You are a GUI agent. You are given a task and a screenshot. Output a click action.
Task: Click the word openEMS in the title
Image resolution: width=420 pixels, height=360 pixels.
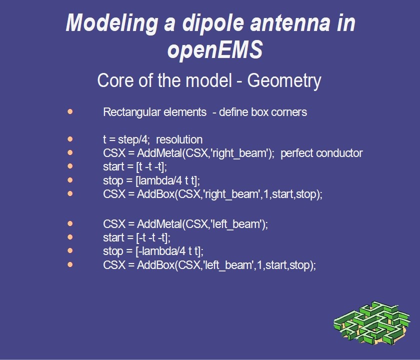pos(215,50)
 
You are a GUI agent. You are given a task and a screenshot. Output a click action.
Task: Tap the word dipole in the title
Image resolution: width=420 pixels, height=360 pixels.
pos(213,23)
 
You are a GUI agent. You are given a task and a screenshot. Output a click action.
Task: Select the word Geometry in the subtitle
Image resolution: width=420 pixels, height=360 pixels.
pos(284,81)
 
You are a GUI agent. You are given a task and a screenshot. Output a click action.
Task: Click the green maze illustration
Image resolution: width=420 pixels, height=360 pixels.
pos(372,323)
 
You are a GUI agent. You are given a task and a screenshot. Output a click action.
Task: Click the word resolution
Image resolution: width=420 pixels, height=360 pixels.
pos(179,139)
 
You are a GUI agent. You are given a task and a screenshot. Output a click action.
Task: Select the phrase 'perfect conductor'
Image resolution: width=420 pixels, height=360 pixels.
pos(321,153)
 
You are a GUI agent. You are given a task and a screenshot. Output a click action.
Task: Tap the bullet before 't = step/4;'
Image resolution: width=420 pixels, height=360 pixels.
pos(70,139)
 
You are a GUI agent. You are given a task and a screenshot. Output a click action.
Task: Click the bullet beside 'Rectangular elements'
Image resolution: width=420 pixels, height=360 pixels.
pos(70,111)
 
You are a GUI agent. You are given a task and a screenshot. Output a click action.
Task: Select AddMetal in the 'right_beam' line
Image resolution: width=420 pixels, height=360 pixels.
pos(159,153)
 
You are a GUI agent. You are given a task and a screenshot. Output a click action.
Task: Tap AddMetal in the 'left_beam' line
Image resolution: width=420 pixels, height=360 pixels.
pos(159,224)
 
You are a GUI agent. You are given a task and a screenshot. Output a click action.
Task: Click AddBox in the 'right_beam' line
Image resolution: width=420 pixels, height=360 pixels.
pos(155,194)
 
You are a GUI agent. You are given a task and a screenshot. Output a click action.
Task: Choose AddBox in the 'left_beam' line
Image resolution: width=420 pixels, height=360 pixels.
pos(155,265)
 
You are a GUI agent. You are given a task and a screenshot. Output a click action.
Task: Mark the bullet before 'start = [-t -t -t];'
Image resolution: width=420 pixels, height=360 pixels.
pos(70,237)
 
